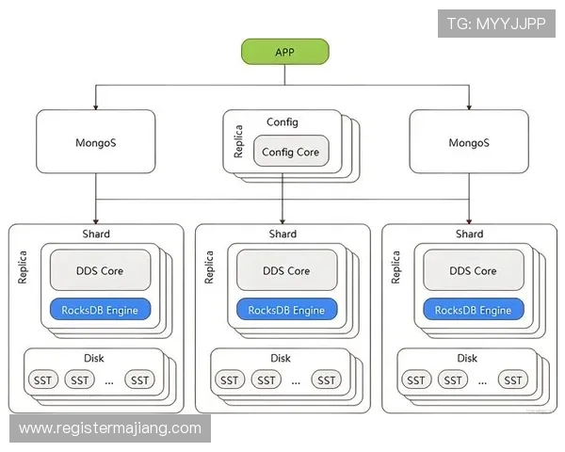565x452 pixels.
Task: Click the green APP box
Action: click(x=284, y=52)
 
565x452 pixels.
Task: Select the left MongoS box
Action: click(x=96, y=142)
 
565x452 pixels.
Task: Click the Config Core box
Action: click(x=290, y=152)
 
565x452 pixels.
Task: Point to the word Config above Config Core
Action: click(x=282, y=122)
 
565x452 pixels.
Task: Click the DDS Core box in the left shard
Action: click(x=100, y=270)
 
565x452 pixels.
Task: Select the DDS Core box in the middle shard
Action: click(x=286, y=270)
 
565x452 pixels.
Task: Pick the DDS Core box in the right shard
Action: click(x=473, y=270)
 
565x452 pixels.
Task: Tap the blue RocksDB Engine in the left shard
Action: click(x=100, y=310)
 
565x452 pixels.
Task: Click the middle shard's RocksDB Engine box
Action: click(x=286, y=310)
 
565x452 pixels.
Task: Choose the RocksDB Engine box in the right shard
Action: click(x=473, y=310)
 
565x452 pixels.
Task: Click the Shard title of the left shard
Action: click(x=96, y=234)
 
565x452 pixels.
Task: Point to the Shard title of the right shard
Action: click(x=469, y=234)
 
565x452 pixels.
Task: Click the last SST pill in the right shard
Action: click(x=513, y=379)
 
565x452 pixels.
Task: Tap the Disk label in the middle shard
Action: click(x=281, y=358)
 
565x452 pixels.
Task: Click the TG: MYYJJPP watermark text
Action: click(x=496, y=24)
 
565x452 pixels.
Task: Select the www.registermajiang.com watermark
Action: click(x=110, y=428)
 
